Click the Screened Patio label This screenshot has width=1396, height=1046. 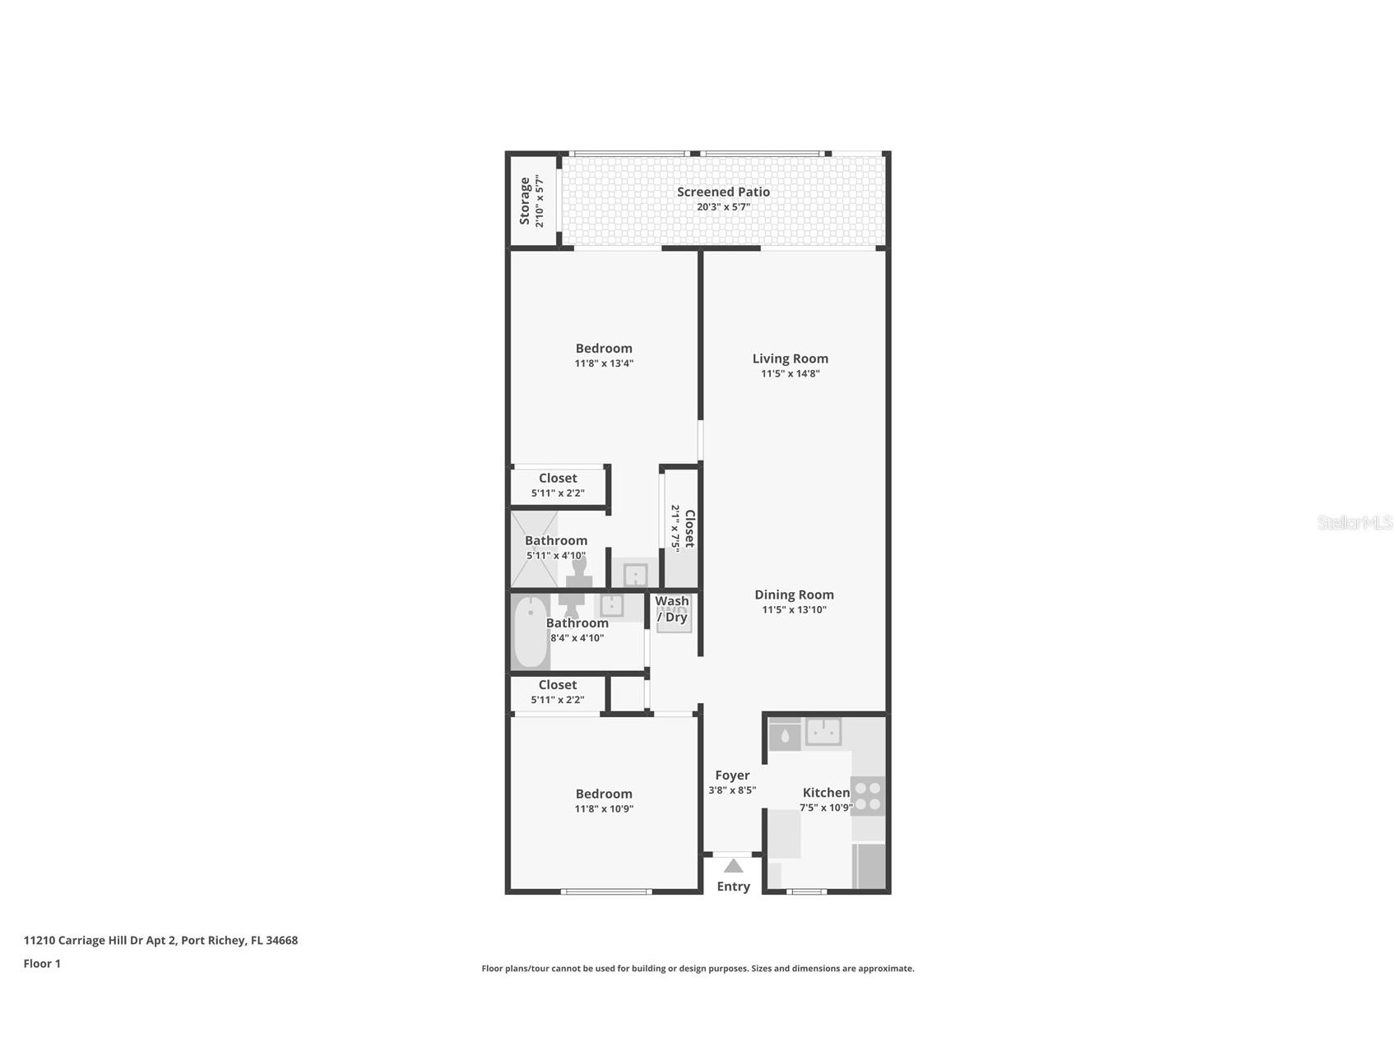coord(723,192)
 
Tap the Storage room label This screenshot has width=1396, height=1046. coord(525,201)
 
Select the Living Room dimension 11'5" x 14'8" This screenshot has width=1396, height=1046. coord(790,373)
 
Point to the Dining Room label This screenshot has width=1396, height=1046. coord(794,595)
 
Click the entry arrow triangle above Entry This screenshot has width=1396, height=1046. coord(733,866)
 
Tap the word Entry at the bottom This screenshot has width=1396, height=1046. coord(733,886)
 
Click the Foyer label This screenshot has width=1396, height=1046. coord(732,775)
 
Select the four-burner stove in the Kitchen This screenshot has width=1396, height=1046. coord(867,795)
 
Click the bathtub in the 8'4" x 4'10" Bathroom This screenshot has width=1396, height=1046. coord(531,632)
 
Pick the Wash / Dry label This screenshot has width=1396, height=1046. coord(672,609)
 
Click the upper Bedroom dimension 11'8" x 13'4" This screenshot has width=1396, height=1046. coord(604,363)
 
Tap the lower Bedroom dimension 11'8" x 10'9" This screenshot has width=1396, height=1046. coord(604,809)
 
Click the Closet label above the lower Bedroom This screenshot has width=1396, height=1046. coord(558,685)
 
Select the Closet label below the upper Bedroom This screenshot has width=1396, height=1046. coord(558,479)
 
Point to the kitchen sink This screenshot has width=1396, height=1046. coord(823,731)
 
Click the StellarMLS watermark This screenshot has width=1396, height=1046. coord(1354,523)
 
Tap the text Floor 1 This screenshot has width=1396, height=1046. coord(42,964)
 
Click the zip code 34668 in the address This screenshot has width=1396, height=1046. coord(282,941)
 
